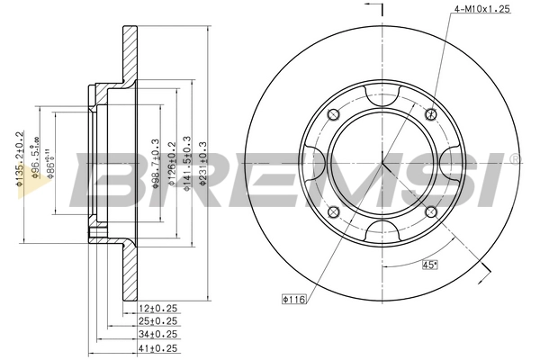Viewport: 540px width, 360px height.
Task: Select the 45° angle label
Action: tap(430, 264)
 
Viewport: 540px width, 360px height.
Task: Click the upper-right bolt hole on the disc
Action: tap(430, 113)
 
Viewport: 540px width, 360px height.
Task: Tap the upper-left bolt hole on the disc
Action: tap(332, 113)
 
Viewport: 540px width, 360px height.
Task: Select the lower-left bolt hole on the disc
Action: tap(332, 211)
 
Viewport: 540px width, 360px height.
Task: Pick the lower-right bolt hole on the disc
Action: tap(430, 211)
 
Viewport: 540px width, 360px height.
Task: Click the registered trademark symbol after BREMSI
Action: tap(514, 159)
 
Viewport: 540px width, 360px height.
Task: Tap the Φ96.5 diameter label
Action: tap(34, 158)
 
